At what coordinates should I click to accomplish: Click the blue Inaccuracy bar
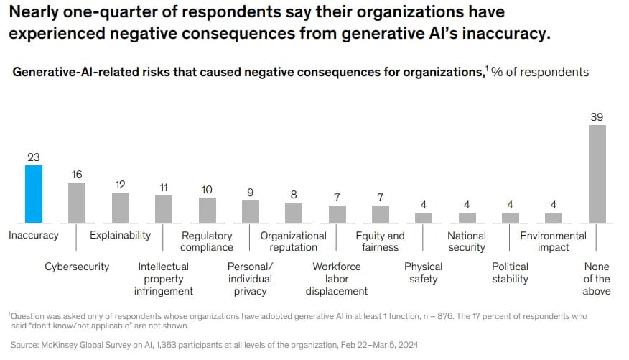click(x=34, y=194)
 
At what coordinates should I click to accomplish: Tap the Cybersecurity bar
click(x=77, y=203)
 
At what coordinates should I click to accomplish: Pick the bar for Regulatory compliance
click(x=207, y=210)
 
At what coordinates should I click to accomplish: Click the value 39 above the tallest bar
click(x=597, y=116)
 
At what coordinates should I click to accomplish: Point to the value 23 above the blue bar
click(x=34, y=157)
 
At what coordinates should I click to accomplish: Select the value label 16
click(x=77, y=174)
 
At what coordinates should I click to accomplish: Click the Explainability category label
click(x=120, y=235)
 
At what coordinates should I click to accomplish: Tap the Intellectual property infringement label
click(x=164, y=279)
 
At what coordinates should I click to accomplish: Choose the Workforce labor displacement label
click(x=337, y=279)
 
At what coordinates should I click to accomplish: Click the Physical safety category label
click(x=424, y=272)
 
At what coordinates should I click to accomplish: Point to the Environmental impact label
click(x=553, y=241)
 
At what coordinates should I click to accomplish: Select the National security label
click(x=467, y=241)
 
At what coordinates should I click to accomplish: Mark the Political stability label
click(x=510, y=272)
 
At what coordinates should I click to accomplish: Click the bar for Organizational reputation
click(x=294, y=213)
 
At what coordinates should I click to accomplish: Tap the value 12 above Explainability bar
click(x=121, y=184)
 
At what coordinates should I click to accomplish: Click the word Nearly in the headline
click(x=32, y=13)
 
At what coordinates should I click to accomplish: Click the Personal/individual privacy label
click(x=250, y=279)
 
